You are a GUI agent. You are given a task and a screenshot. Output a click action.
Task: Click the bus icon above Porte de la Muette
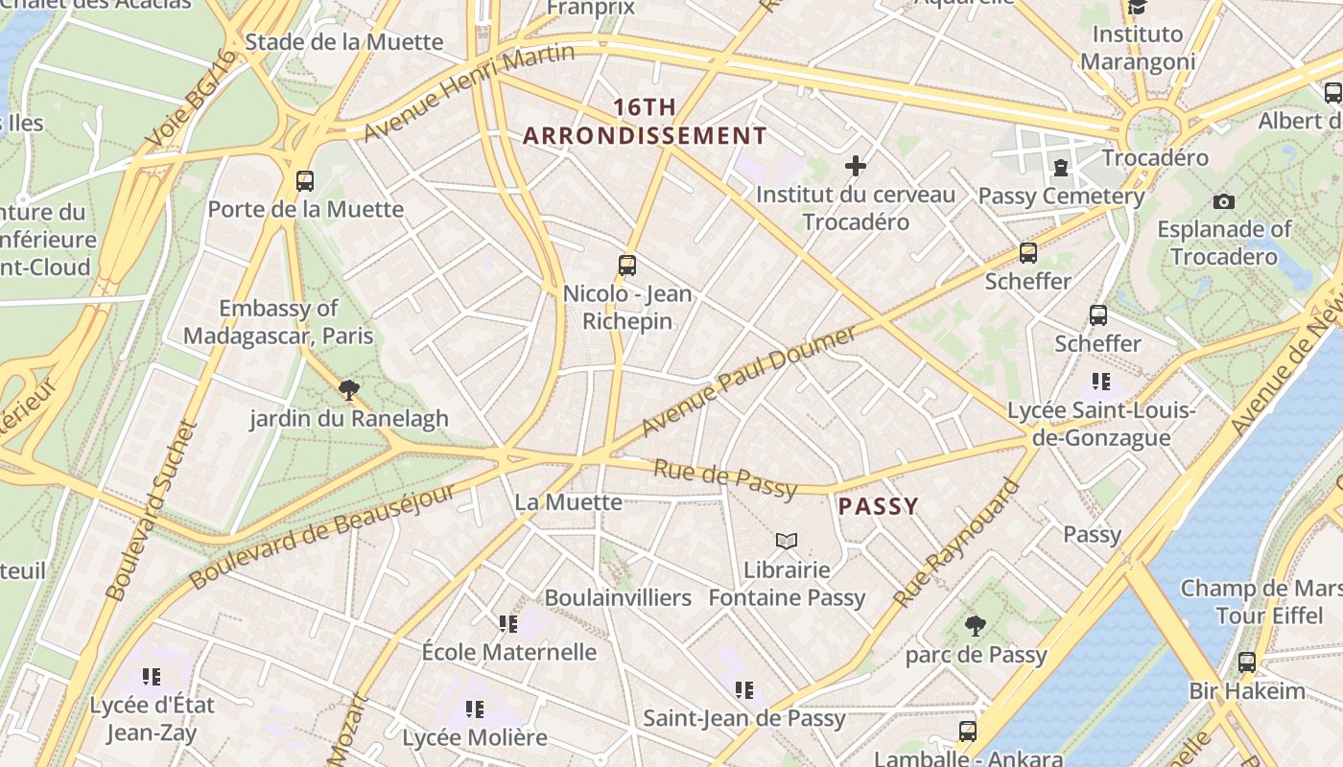tap(305, 180)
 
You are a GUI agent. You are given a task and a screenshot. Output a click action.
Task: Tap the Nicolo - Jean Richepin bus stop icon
tap(627, 266)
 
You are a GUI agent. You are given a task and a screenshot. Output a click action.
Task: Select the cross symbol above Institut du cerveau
tap(855, 166)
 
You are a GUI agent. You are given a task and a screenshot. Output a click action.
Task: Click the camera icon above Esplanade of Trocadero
tap(1223, 201)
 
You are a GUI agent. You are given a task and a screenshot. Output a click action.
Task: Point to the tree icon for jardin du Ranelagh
tap(349, 389)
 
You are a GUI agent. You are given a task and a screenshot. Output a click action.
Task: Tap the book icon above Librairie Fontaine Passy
tap(787, 541)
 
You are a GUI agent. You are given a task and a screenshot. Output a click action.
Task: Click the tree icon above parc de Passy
tap(975, 626)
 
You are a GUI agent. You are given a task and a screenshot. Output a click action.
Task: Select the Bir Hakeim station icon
tap(1247, 662)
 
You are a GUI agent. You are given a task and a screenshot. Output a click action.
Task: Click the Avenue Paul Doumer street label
tap(748, 381)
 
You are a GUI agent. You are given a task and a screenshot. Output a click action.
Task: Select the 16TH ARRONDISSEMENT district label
tap(645, 122)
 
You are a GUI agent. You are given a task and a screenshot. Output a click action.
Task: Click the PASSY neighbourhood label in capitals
tap(879, 506)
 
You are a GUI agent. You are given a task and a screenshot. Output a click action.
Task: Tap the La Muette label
tap(568, 501)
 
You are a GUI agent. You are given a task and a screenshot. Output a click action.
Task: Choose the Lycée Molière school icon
tap(475, 709)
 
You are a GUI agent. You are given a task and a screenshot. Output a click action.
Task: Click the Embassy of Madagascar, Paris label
tap(278, 322)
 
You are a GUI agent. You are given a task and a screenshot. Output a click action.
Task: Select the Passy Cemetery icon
tap(1060, 169)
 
